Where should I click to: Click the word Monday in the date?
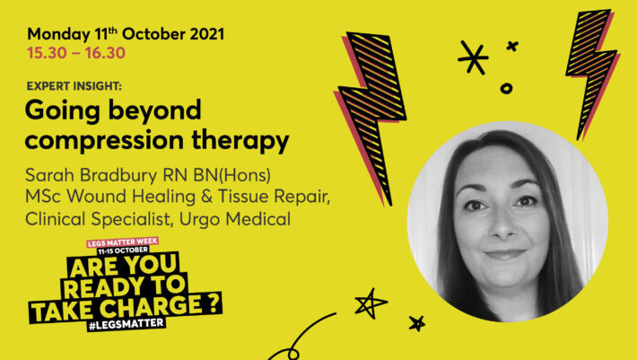click(58, 34)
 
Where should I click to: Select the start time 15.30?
click(48, 53)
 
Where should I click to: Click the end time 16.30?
click(105, 53)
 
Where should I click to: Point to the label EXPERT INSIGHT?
click(74, 86)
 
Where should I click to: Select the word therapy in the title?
click(240, 141)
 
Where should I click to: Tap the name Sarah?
click(50, 176)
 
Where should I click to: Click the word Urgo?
click(200, 220)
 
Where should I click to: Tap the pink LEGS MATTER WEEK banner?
click(122, 242)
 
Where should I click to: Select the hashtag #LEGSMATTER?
click(127, 324)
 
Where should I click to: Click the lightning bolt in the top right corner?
click(592, 73)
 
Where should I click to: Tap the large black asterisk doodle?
click(473, 57)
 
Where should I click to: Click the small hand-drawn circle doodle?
click(506, 88)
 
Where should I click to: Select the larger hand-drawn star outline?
click(370, 303)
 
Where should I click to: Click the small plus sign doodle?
click(512, 46)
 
